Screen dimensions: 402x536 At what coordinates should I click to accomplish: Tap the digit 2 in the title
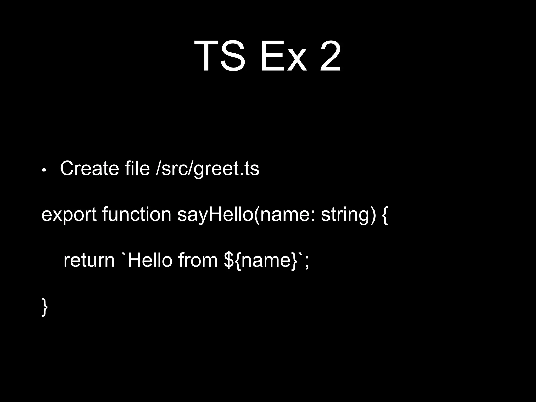330,56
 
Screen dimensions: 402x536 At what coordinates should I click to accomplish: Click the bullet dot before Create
44,170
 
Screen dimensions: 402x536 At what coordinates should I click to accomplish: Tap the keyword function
137,214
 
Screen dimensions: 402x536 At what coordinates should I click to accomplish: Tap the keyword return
89,260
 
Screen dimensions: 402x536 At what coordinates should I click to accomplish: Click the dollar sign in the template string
229,260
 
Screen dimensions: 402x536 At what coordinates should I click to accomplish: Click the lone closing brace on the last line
45,307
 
